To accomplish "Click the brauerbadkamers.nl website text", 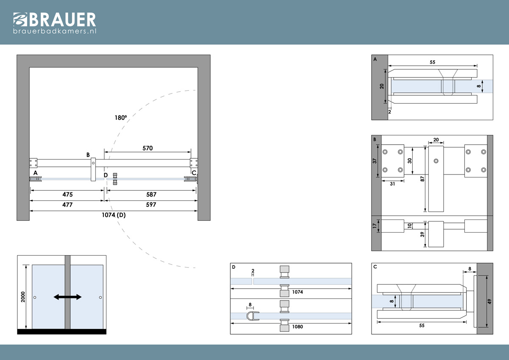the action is [x=55, y=31].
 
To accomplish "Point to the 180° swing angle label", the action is [x=120, y=118].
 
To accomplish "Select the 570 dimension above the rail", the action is [x=148, y=148].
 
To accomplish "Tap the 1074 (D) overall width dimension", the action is [x=114, y=215].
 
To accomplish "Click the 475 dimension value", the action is [x=67, y=194].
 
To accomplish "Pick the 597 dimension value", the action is [x=151, y=205].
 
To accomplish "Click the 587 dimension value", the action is [x=151, y=194].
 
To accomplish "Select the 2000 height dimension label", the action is [x=23, y=297].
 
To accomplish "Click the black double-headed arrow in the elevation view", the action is [x=67, y=297].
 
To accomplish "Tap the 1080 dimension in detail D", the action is [x=297, y=326].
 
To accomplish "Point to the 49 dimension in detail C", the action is [x=489, y=301].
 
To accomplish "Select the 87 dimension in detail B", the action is [x=422, y=179].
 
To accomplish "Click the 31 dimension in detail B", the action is [x=392, y=184].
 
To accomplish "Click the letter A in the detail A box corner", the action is [x=375, y=59].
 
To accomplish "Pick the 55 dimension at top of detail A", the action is [x=432, y=62].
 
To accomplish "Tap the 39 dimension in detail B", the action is [x=422, y=234].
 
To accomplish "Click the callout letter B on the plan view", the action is [x=88, y=155].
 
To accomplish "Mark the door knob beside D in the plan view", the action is [x=115, y=179].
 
